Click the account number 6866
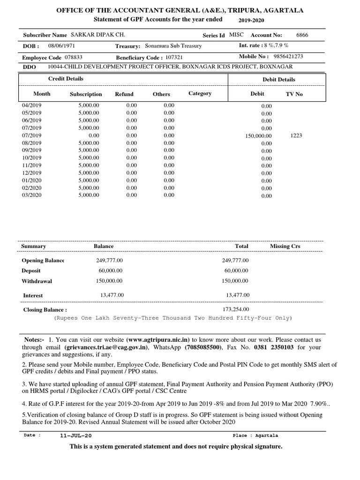302,35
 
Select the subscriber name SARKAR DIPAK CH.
97,35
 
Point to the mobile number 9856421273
288,56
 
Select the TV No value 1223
296,135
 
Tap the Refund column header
124,94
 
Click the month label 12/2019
32,173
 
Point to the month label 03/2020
32,195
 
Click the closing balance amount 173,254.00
237,309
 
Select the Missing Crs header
285,246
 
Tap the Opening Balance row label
43,261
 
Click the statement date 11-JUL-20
73,435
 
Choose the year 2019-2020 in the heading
252,21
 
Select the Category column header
200,94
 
